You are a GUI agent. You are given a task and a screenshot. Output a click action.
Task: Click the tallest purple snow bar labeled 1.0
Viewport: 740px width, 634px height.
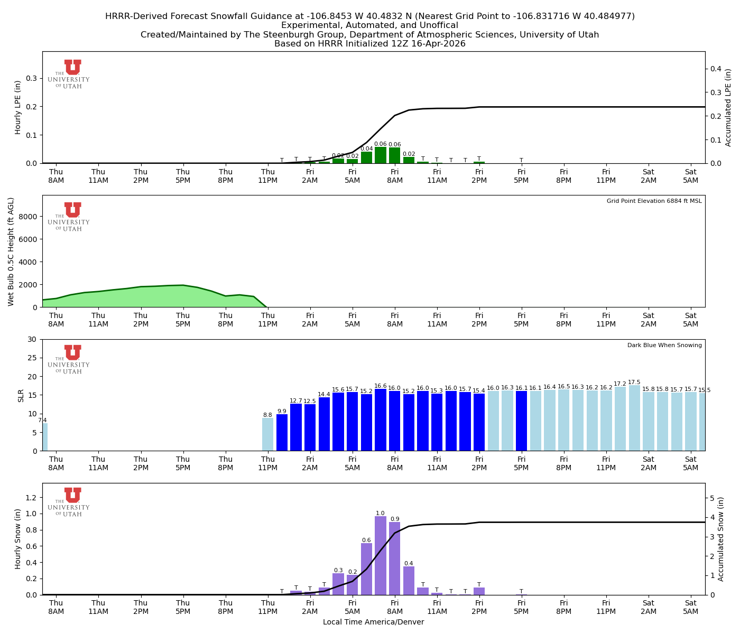pyautogui.click(x=381, y=555)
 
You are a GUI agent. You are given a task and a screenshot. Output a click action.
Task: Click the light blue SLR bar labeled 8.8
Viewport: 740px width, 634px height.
pyautogui.click(x=267, y=434)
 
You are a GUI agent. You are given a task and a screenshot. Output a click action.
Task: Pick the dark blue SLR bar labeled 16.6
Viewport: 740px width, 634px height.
pyautogui.click(x=381, y=419)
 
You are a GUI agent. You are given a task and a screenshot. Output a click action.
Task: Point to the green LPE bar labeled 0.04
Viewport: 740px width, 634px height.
pyautogui.click(x=366, y=157)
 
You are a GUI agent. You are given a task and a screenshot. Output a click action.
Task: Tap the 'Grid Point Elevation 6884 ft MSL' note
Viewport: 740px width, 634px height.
pyautogui.click(x=654, y=201)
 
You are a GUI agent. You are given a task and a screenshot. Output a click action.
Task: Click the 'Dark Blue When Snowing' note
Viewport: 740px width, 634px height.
pyautogui.click(x=664, y=346)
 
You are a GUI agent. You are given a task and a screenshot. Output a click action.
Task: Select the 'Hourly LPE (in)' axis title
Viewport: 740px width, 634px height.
pyautogui.click(x=18, y=107)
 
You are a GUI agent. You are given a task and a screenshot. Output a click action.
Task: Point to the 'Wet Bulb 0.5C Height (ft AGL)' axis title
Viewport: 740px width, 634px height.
pyautogui.click(x=11, y=251)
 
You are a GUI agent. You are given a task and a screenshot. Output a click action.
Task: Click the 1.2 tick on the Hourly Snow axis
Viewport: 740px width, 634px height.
pyautogui.click(x=32, y=498)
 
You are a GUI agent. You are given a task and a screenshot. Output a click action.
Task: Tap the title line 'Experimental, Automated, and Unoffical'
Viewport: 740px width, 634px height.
pyautogui.click(x=369, y=25)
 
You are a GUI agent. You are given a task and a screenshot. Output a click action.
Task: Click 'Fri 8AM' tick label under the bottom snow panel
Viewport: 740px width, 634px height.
pyautogui.click(x=395, y=607)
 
